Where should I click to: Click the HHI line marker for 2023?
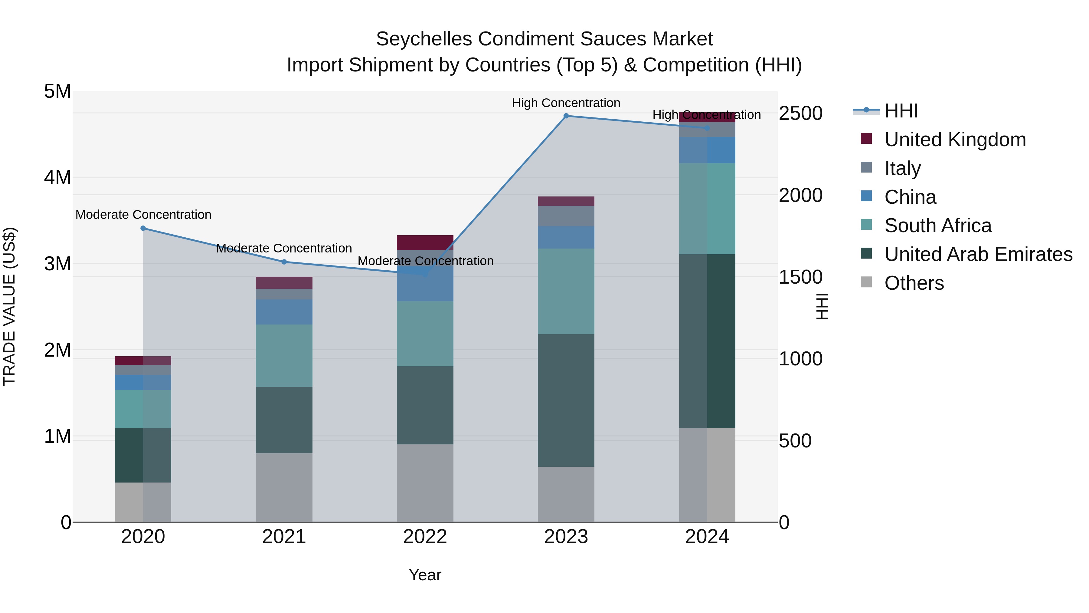pyautogui.click(x=566, y=116)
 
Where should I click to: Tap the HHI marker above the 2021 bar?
pyautogui.click(x=284, y=262)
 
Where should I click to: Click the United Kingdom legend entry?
pyautogui.click(x=955, y=140)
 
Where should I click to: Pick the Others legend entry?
pyautogui.click(x=914, y=283)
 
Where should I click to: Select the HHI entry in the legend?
pyautogui.click(x=901, y=111)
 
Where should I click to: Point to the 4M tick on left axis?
pyautogui.click(x=57, y=177)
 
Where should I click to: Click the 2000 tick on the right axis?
pyautogui.click(x=800, y=196)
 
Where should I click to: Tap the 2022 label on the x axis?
pyautogui.click(x=425, y=537)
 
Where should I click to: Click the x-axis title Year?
pyautogui.click(x=425, y=575)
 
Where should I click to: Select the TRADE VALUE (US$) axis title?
pyautogui.click(x=9, y=306)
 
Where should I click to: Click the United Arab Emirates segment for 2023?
pyautogui.click(x=566, y=400)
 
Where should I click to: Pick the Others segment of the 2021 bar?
pyautogui.click(x=284, y=487)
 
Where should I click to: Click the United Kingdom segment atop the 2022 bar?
pyautogui.click(x=425, y=242)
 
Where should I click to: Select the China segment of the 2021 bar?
pyautogui.click(x=284, y=312)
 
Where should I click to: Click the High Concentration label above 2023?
pyautogui.click(x=566, y=103)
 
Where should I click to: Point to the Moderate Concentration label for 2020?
pyautogui.click(x=143, y=215)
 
